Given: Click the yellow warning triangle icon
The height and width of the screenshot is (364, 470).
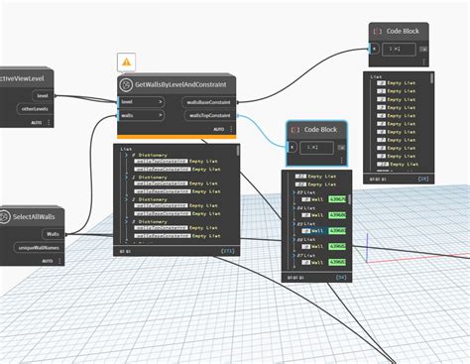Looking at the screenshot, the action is coord(126,61).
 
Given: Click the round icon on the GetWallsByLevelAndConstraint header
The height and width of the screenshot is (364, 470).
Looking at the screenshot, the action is coord(127,85).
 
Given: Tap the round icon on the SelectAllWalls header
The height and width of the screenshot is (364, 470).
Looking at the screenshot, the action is coord(6,216).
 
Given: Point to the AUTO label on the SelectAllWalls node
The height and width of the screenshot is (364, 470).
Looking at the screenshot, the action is coord(46,260).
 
